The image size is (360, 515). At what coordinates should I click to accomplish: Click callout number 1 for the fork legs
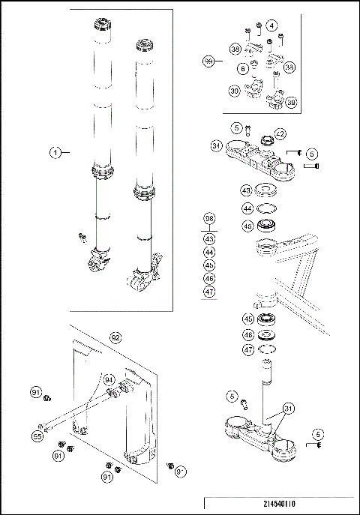[x=55, y=152]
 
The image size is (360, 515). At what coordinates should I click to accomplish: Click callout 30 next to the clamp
[x=235, y=91]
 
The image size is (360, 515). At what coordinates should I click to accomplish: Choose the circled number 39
[x=290, y=102]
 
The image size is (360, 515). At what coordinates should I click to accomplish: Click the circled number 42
[x=280, y=133]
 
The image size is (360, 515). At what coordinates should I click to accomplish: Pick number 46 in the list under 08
[x=209, y=277]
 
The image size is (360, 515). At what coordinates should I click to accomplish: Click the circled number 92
[x=115, y=337]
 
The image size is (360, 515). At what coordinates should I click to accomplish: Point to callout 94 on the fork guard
[x=109, y=379]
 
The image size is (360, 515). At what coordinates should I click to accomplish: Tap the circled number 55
[x=36, y=435]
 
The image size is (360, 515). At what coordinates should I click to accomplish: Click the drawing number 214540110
[x=278, y=505]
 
